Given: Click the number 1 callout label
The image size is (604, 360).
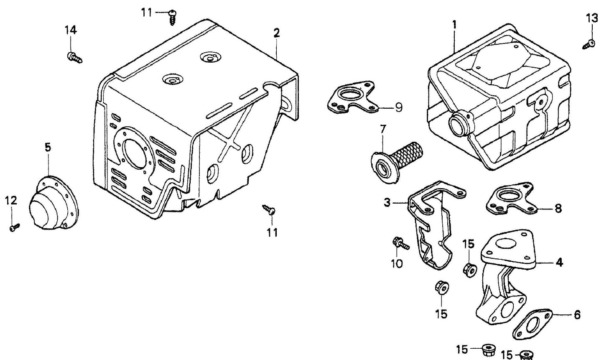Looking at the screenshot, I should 454,24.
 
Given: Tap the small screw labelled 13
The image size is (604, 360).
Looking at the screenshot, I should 589,43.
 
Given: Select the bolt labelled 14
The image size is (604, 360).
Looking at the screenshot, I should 74,57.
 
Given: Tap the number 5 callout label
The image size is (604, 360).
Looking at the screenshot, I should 48,147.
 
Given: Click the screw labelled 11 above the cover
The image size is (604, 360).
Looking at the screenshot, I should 173,16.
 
